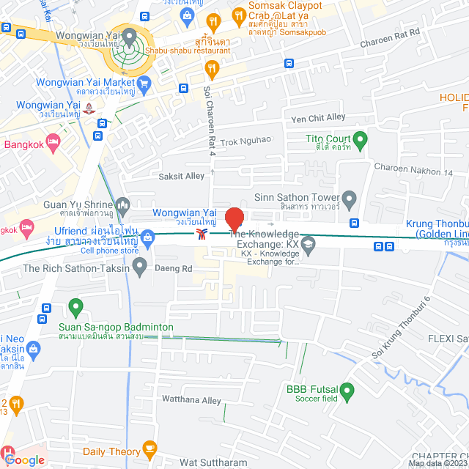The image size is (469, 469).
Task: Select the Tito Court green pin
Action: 360,139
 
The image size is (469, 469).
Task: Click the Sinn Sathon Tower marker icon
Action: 349,198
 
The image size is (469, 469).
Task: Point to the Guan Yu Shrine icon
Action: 122,204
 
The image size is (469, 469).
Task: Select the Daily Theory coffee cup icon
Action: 149,447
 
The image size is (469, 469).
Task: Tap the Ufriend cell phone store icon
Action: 148,237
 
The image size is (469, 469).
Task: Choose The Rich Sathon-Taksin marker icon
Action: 139,265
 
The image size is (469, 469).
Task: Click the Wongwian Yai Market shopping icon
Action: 144,84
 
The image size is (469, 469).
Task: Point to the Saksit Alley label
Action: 182,177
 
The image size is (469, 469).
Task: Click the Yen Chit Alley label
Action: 318,117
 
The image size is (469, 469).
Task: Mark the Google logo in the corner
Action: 24,460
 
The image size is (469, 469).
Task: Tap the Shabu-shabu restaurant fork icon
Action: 212,69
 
